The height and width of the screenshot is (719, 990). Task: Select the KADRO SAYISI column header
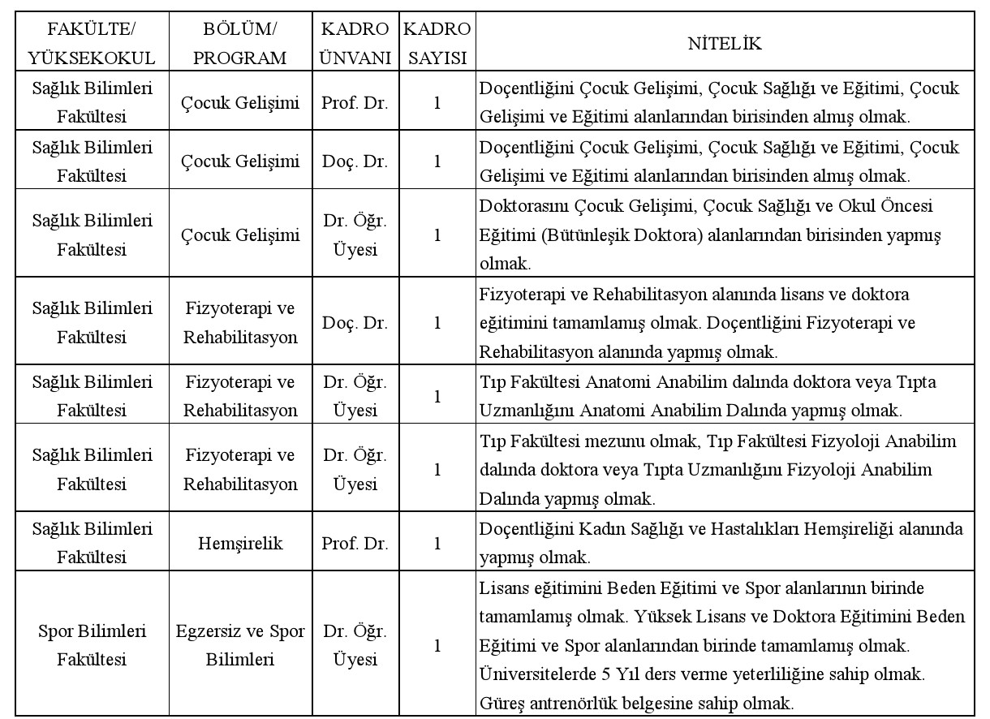(x=437, y=44)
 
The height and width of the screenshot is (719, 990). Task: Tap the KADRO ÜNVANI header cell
(x=355, y=44)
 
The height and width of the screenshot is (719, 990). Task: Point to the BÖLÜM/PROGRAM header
(x=240, y=44)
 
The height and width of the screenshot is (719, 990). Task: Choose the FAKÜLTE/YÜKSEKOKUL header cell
(x=92, y=44)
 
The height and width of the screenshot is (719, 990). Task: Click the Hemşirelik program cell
(x=240, y=544)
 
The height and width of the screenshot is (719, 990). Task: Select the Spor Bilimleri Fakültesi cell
(x=92, y=645)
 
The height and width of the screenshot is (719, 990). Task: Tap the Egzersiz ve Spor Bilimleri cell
(x=240, y=645)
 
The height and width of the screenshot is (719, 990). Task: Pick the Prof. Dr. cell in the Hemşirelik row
(x=355, y=544)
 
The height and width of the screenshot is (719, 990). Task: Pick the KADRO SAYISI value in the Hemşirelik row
(x=437, y=544)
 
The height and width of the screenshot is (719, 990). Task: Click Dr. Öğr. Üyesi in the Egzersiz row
(x=355, y=645)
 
